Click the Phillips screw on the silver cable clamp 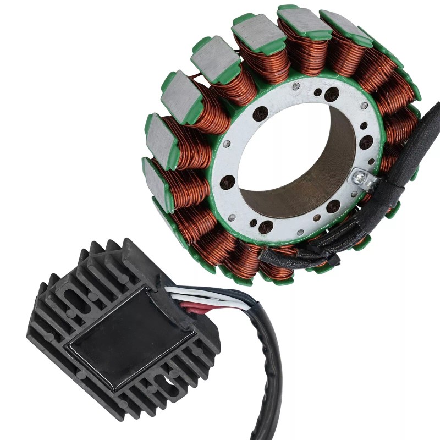[x=360, y=177]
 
